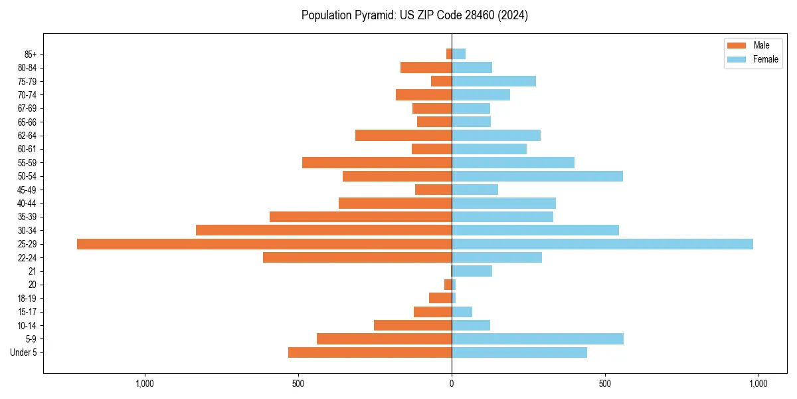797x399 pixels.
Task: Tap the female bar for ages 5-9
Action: click(537, 339)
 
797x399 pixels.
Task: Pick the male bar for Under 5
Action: click(370, 352)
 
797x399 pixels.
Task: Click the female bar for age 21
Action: click(472, 271)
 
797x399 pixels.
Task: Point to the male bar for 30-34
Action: click(323, 230)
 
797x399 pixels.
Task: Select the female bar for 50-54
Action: click(537, 176)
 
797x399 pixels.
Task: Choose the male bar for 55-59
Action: click(377, 162)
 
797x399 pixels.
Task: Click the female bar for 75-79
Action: click(493, 81)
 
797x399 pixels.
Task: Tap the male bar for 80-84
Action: click(426, 68)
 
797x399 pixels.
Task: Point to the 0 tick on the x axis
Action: click(452, 384)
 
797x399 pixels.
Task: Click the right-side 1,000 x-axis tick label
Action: click(758, 384)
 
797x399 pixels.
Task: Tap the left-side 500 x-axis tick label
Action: click(298, 384)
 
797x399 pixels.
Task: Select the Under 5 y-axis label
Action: click(23, 352)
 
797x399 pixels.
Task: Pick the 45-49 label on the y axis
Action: click(27, 190)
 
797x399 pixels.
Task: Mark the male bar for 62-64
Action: click(403, 136)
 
